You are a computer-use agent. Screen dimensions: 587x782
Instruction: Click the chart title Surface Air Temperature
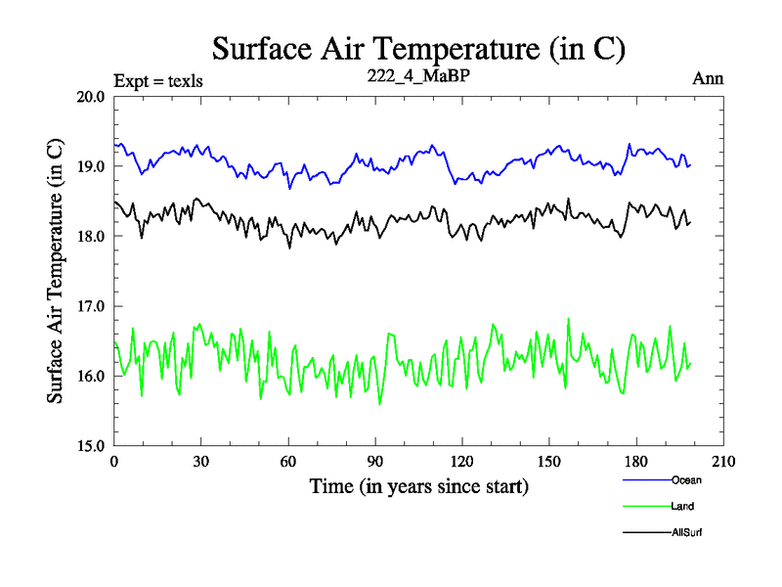click(418, 48)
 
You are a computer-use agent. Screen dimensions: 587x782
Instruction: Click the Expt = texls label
click(158, 80)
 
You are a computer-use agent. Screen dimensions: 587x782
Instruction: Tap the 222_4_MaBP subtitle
click(418, 78)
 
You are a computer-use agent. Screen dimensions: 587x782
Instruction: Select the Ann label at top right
click(709, 79)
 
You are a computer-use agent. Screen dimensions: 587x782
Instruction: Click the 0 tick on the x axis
click(114, 462)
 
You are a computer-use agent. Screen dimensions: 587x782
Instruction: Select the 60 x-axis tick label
click(288, 462)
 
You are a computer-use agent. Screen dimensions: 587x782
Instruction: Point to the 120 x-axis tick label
click(462, 462)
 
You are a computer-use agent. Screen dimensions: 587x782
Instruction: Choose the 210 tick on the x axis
click(723, 462)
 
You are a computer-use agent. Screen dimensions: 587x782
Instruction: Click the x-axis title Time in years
click(418, 486)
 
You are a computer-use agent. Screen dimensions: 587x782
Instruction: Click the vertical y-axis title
click(57, 270)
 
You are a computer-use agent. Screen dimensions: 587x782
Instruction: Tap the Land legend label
click(682, 506)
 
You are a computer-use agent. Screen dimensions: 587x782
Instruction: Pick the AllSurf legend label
click(686, 532)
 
